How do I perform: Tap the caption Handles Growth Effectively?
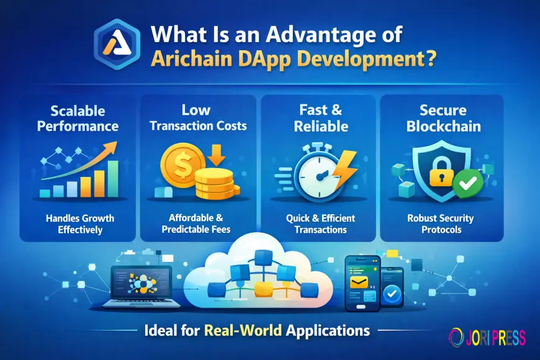click(x=77, y=223)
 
